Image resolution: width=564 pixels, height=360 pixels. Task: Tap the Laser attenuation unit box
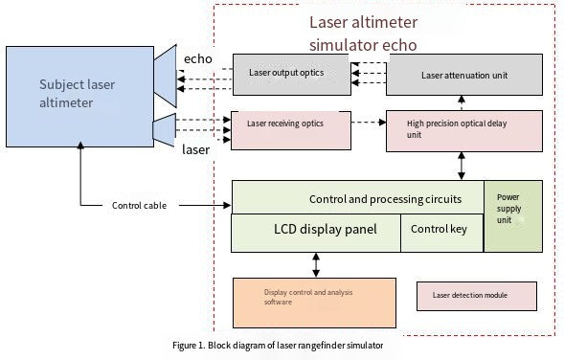coord(463,74)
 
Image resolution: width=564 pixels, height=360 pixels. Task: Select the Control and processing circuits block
coord(357,198)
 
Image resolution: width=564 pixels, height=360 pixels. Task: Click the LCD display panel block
coord(316,232)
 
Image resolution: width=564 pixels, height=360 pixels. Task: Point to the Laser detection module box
coord(476,296)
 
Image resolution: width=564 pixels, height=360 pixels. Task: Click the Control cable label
coord(140,205)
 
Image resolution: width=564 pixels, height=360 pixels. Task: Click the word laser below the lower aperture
coord(195,149)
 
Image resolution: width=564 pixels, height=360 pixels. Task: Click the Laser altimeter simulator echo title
coord(364,33)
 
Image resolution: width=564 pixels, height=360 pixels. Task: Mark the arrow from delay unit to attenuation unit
coord(463,101)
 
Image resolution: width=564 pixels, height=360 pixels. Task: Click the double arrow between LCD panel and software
coord(315,264)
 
